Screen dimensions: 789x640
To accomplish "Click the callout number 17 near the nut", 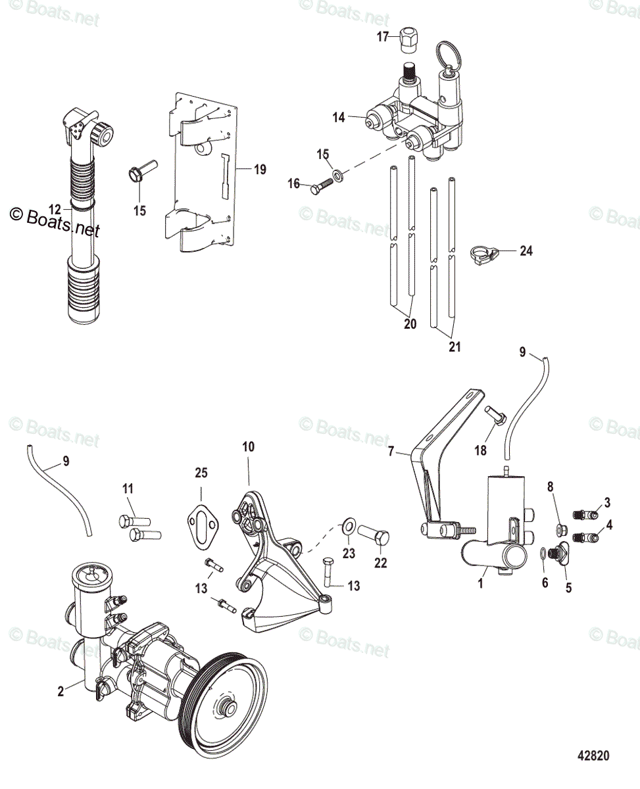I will pos(383,37).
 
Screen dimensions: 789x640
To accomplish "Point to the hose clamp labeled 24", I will pos(485,252).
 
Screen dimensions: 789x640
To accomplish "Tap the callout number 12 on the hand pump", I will pos(55,209).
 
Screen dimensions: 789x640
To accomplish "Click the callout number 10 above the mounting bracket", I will pos(248,447).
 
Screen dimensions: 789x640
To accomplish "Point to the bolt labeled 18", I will pos(495,418).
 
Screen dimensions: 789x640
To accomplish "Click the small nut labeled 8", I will pos(560,529).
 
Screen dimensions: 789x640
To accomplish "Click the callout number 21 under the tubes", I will pos(455,347).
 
